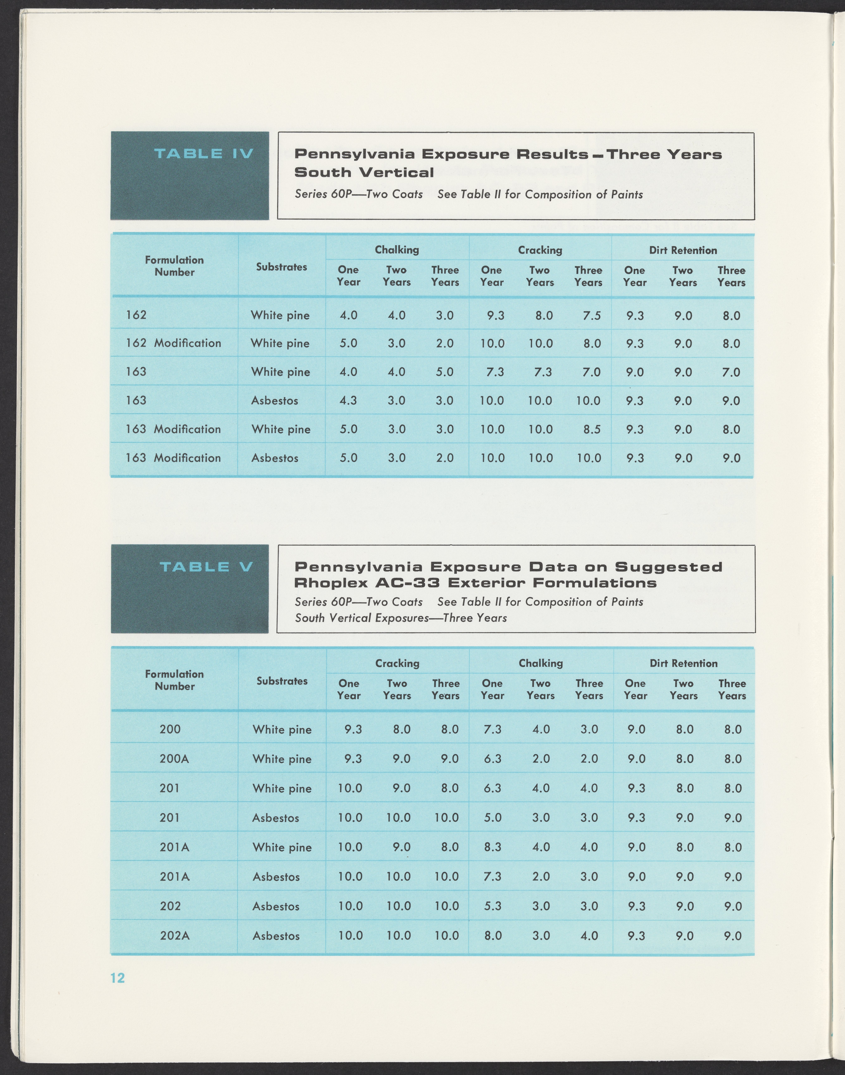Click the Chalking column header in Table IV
[x=397, y=250]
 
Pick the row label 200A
[x=174, y=759]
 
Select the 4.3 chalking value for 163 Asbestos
[x=348, y=401]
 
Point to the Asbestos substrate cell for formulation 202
[x=276, y=906]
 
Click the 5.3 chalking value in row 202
[x=493, y=906]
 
